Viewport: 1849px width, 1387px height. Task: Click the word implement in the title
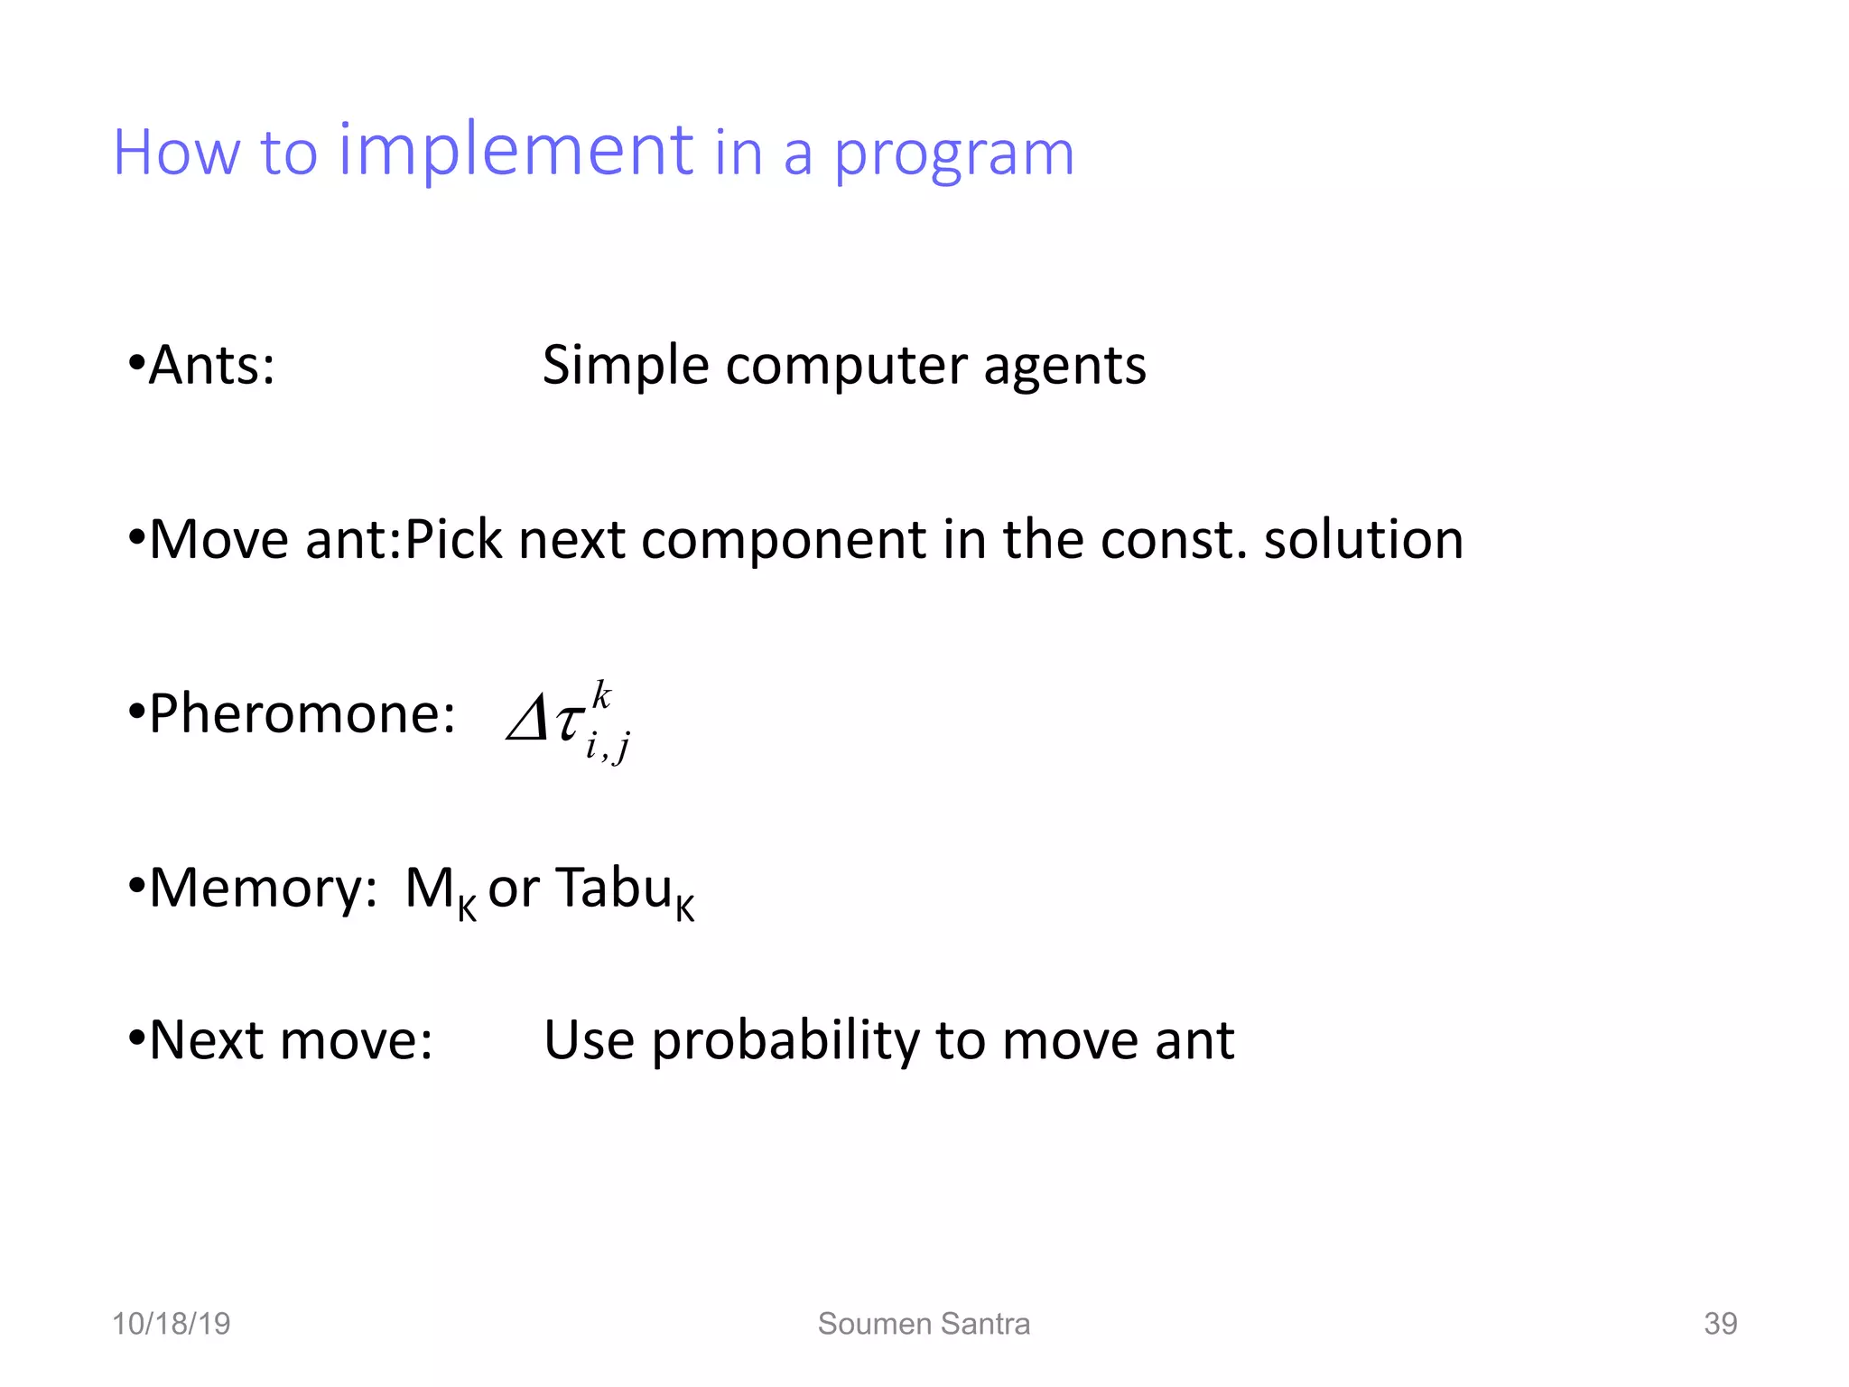point(516,151)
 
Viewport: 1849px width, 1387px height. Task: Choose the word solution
point(1362,540)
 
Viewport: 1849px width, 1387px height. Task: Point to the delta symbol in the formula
point(527,720)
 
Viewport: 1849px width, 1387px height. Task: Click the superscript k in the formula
point(601,696)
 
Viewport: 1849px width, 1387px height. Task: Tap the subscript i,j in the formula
point(608,747)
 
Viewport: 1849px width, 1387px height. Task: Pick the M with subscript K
point(439,890)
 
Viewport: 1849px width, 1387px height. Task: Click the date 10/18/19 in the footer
point(171,1324)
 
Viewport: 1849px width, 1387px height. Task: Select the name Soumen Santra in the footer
point(924,1324)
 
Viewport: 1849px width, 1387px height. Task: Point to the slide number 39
point(1720,1324)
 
